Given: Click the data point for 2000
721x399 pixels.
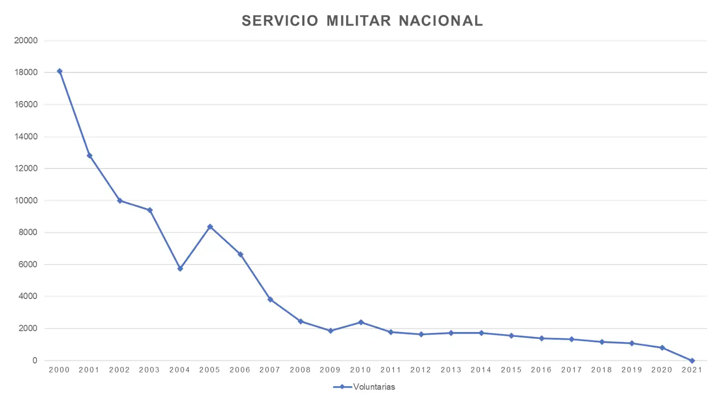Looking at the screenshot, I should pyautogui.click(x=60, y=71).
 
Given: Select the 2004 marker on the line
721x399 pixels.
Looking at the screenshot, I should pyautogui.click(x=180, y=268).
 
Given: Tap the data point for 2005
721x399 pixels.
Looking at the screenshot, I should pyautogui.click(x=210, y=227).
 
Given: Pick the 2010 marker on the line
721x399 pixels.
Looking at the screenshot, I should pyautogui.click(x=361, y=322).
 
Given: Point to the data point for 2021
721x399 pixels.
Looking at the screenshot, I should pyautogui.click(x=692, y=361).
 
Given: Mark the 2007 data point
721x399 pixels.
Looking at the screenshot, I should pyautogui.click(x=270, y=299).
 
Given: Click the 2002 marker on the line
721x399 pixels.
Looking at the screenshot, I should pyautogui.click(x=120, y=200).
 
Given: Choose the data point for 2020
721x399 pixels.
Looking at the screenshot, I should pyautogui.click(x=662, y=348).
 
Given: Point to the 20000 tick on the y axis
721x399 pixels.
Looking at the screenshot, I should pyautogui.click(x=26, y=41).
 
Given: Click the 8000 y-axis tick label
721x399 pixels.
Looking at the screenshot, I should pyautogui.click(x=28, y=233).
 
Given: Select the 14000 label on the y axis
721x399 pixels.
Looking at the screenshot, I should pyautogui.click(x=26, y=137).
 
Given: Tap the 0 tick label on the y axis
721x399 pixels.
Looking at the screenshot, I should pyautogui.click(x=34, y=361).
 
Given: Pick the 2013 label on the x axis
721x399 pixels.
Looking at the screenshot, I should pyautogui.click(x=451, y=370).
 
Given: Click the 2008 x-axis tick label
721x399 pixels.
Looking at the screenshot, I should pyautogui.click(x=300, y=370).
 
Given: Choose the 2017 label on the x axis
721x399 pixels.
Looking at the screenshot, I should pyautogui.click(x=571, y=370).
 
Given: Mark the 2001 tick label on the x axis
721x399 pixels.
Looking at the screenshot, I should pyautogui.click(x=90, y=370).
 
